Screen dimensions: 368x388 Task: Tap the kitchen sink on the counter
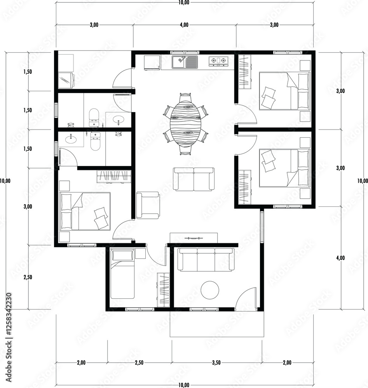(x=185, y=62)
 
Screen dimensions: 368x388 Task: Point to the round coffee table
(x=210, y=290)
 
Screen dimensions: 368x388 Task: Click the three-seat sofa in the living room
(x=206, y=260)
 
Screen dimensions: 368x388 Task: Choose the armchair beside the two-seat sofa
(x=148, y=205)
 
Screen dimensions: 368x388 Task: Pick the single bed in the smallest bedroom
(x=122, y=274)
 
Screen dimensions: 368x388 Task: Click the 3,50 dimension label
(x=216, y=363)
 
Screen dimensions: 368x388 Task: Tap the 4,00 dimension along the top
(x=184, y=25)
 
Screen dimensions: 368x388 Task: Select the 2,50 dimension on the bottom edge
(x=139, y=363)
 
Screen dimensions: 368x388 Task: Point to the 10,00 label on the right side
(x=363, y=181)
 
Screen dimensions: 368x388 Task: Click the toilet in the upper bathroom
(x=94, y=118)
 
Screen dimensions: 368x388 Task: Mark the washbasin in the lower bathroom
(x=71, y=140)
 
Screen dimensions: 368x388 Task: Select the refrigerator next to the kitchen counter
(x=152, y=63)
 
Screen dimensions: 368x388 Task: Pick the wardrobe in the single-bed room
(x=163, y=289)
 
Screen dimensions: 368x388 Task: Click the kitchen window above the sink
(x=185, y=52)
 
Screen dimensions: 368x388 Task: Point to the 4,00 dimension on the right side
(x=340, y=258)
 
